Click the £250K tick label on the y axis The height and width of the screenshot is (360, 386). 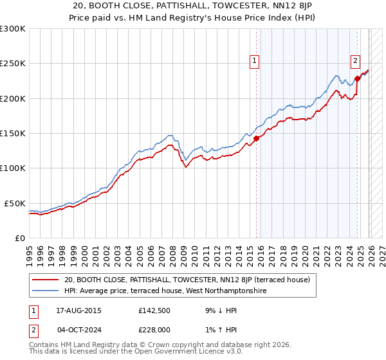(x=13, y=64)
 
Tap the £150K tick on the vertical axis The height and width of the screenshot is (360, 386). (x=13, y=133)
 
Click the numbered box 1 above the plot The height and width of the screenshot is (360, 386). (x=255, y=61)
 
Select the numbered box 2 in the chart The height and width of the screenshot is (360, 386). (x=355, y=61)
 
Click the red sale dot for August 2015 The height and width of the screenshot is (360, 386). (x=256, y=138)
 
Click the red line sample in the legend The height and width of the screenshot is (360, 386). (x=46, y=280)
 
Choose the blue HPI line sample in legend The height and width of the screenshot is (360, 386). (x=46, y=291)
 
